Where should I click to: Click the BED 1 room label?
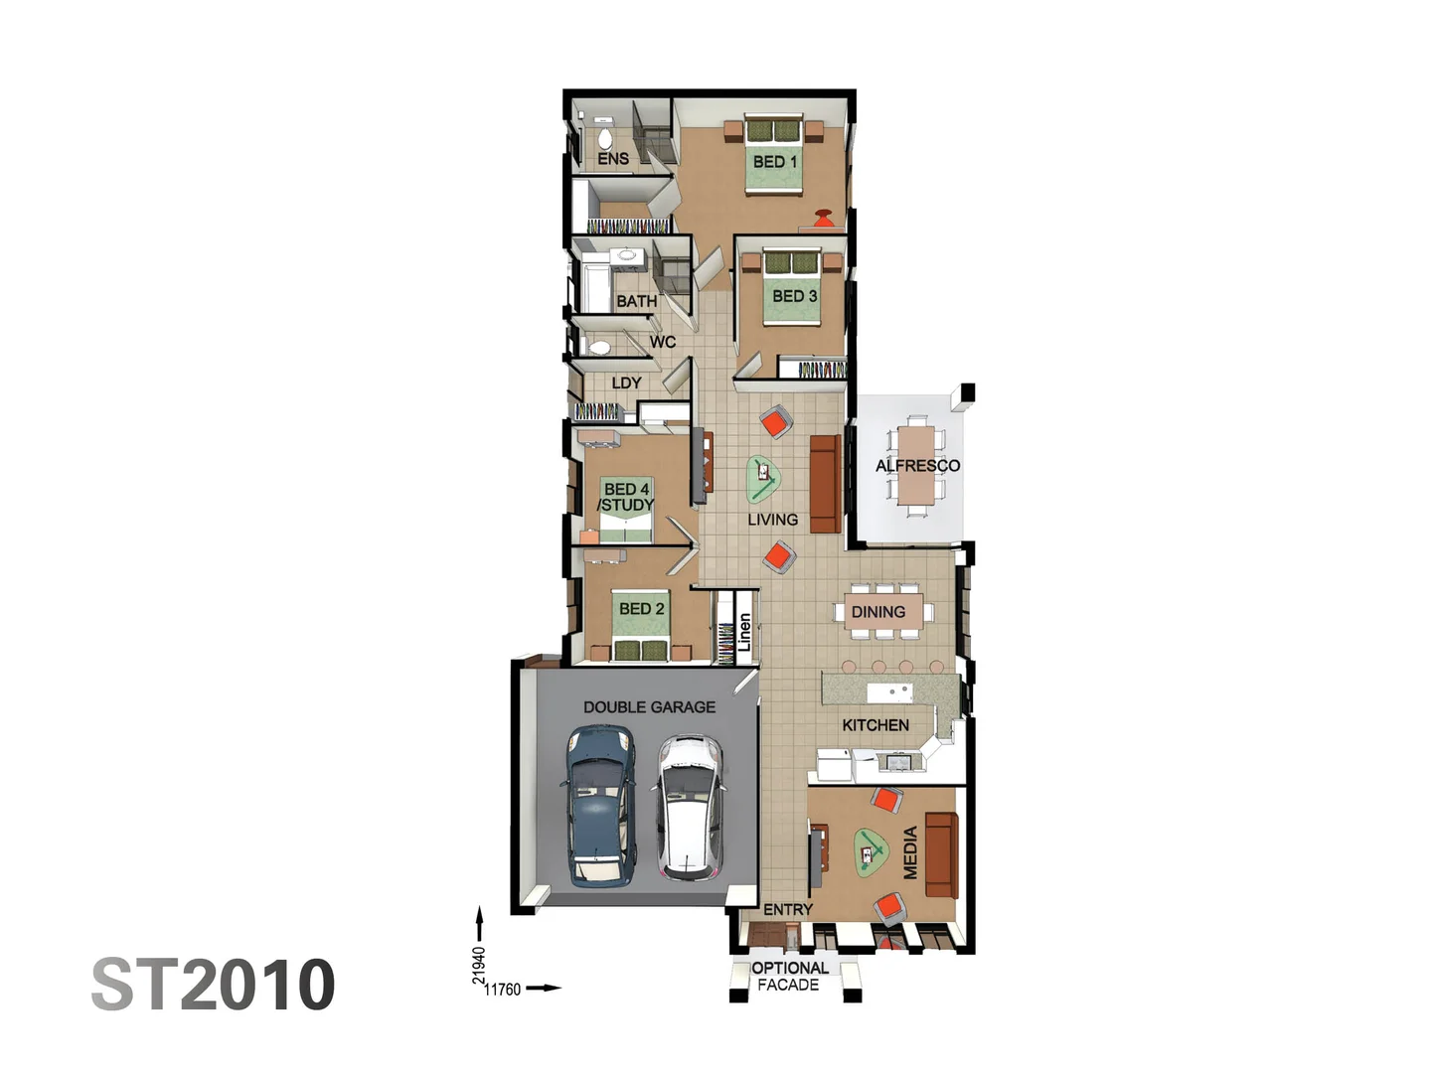775,161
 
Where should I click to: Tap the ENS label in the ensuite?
613,158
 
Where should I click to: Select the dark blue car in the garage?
600,807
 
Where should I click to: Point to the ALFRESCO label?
917,465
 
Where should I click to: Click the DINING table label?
878,612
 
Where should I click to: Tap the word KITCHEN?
875,725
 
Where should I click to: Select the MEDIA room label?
909,852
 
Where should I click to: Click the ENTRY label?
788,909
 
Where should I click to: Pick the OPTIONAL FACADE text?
789,976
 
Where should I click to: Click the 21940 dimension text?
479,965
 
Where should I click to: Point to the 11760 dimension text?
502,989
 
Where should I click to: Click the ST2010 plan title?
214,985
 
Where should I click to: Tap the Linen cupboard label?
744,632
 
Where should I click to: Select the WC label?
663,342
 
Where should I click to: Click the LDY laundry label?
626,383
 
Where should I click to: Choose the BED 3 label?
794,296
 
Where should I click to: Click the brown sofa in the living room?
824,484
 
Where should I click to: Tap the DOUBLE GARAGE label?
649,707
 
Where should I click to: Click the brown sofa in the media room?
940,853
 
